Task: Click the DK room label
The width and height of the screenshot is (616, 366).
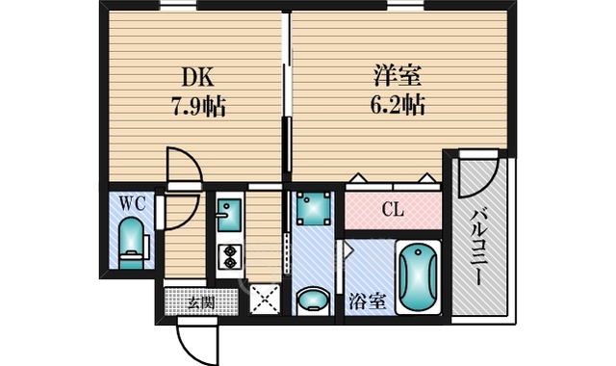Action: click(x=198, y=77)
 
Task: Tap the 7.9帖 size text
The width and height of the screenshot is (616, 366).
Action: click(x=199, y=106)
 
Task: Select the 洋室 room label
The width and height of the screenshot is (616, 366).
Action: click(x=398, y=76)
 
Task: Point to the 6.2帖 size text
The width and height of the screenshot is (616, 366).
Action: click(x=398, y=104)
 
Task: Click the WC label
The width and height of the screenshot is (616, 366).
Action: click(x=133, y=203)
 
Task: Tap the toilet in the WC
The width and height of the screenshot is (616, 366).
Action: click(x=132, y=243)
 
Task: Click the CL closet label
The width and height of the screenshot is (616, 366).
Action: click(x=393, y=210)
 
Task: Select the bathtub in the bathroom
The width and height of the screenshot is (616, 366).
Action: click(x=418, y=277)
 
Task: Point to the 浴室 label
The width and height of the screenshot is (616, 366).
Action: click(x=367, y=301)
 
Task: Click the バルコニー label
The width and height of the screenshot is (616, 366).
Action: click(x=478, y=248)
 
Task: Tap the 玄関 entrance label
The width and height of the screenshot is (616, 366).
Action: click(x=201, y=302)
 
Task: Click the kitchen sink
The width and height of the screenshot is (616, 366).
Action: click(x=229, y=216)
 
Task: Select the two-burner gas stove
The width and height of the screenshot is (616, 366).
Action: click(x=229, y=257)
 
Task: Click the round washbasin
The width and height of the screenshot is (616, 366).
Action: click(x=313, y=301)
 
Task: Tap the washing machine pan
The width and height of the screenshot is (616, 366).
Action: click(x=313, y=209)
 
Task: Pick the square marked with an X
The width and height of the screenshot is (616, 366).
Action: click(x=265, y=300)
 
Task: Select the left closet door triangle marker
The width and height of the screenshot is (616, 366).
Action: click(x=358, y=177)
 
